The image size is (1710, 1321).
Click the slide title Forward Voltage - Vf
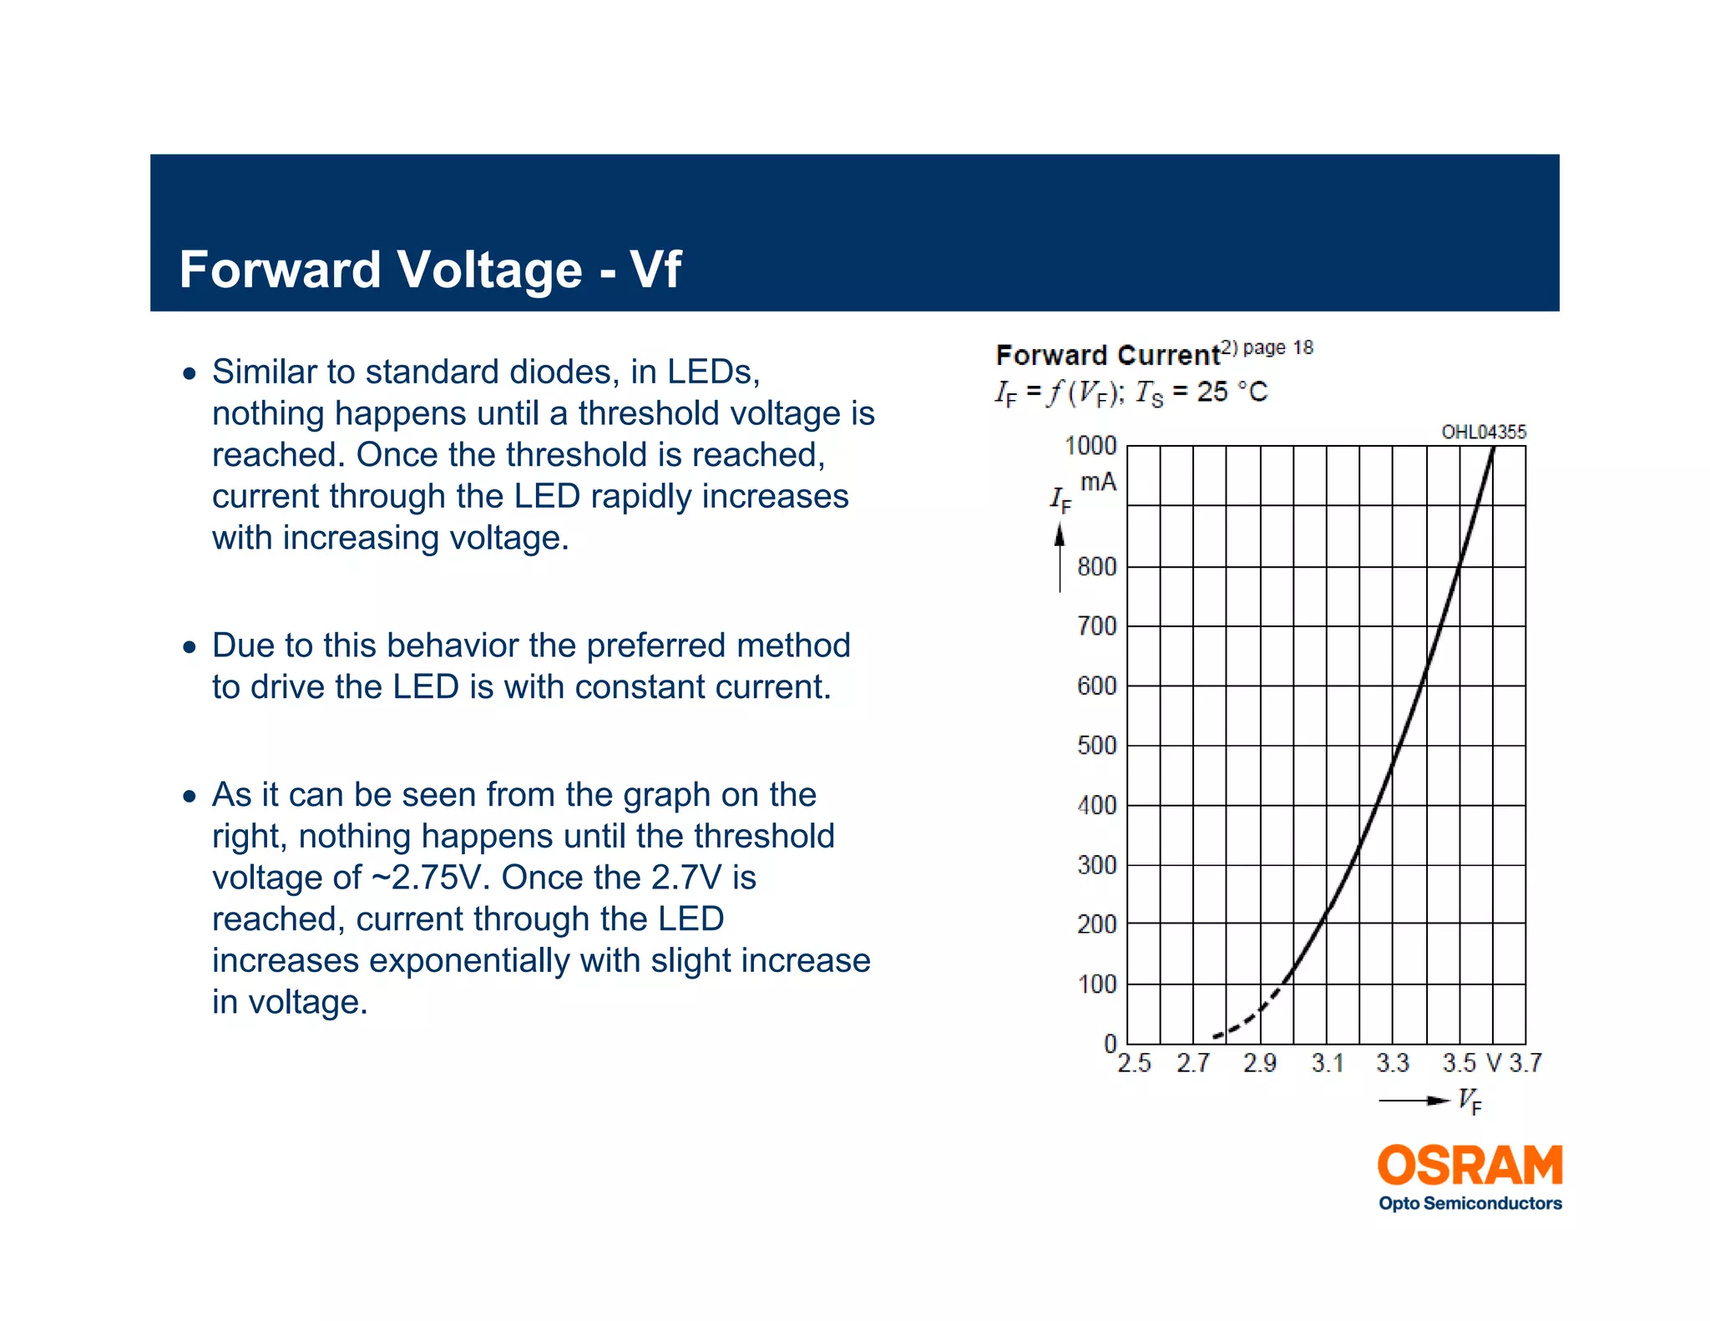(430, 270)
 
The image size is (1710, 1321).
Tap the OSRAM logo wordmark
(1470, 1166)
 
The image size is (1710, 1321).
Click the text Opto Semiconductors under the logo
(1470, 1203)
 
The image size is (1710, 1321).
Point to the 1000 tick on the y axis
(1090, 446)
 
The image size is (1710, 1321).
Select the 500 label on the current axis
(1096, 745)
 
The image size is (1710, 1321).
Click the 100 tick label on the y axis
(1096, 984)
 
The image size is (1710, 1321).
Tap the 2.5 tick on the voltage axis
(1134, 1063)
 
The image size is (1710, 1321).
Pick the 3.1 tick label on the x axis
(1327, 1063)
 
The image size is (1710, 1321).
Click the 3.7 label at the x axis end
(1525, 1063)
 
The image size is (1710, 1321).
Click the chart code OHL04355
(1483, 432)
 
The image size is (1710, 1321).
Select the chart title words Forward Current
(1107, 356)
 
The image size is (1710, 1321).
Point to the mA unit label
(1098, 482)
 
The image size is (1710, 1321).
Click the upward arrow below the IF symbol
(1060, 555)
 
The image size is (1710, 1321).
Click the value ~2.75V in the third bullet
(426, 878)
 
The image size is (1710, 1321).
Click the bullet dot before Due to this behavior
(190, 646)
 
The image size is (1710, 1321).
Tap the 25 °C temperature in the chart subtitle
(1232, 392)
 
